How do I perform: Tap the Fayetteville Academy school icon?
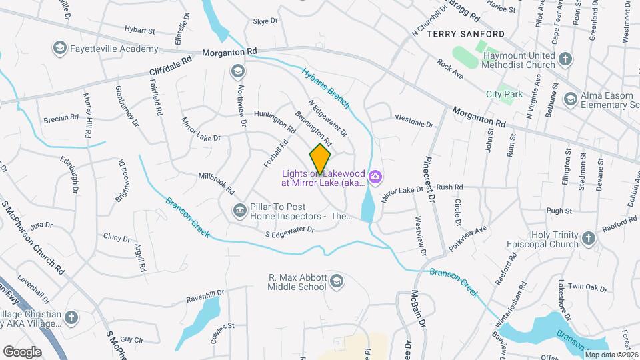point(60,49)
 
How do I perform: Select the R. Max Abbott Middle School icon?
point(337,280)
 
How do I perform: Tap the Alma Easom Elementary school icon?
point(570,99)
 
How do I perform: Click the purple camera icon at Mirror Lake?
point(375,177)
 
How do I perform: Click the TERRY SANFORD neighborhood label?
point(465,33)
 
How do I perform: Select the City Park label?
point(504,95)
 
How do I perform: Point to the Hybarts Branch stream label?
point(325,87)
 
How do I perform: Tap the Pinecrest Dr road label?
point(428,180)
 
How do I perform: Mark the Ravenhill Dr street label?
point(205,294)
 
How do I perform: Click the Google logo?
point(22,351)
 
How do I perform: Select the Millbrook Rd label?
point(217,183)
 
